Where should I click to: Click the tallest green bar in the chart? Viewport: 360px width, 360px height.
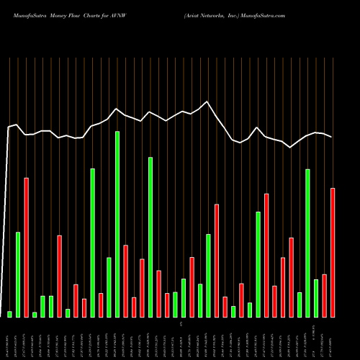(x=117, y=224)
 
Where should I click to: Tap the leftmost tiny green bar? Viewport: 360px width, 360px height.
(x=10, y=314)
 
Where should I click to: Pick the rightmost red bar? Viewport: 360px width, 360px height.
(x=333, y=252)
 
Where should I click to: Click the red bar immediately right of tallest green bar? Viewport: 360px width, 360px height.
(x=125, y=281)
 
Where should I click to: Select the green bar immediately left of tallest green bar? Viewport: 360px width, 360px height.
(x=109, y=287)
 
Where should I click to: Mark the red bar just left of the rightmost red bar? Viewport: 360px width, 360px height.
(x=325, y=295)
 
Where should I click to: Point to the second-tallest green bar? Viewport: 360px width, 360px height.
(x=150, y=237)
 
